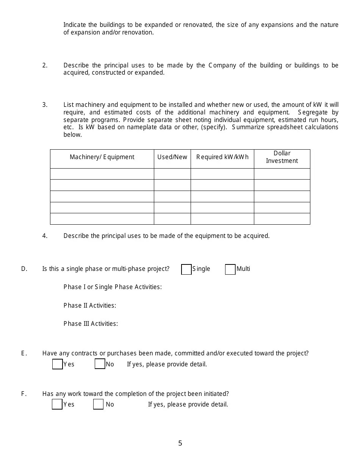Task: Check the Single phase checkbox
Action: tap(186, 269)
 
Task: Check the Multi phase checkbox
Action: tap(230, 269)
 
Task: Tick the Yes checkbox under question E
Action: tap(57, 364)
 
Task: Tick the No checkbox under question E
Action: tap(100, 364)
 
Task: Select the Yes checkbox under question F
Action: tap(57, 404)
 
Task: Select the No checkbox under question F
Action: tap(98, 404)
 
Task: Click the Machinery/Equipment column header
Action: tap(102, 157)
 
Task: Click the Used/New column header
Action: tap(172, 157)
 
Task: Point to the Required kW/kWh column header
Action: tap(222, 157)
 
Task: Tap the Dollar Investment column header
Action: tap(282, 157)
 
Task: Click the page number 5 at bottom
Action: tap(180, 443)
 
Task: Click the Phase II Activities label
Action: tap(90, 305)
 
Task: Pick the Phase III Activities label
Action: tap(91, 324)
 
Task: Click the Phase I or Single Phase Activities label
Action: tap(113, 287)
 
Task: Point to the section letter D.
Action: tap(24, 269)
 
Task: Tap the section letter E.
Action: tap(24, 353)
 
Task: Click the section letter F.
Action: tap(24, 394)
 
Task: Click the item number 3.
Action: tap(45, 105)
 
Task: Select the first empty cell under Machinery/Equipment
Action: tap(102, 174)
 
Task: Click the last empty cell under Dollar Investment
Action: tap(282, 219)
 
